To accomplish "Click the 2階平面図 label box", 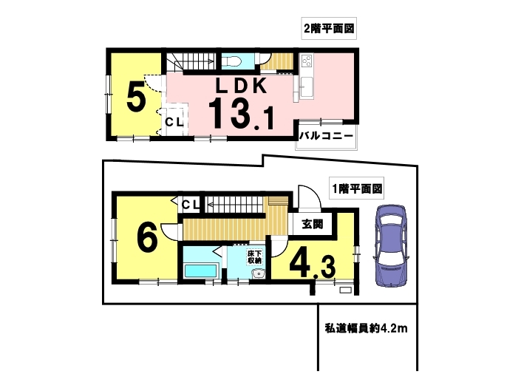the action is pos(329,29).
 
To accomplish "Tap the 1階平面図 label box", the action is pos(356,188).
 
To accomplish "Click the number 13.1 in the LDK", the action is pos(242,114).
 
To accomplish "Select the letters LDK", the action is pos(242,86).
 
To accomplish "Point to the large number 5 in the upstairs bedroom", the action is pos(136,97).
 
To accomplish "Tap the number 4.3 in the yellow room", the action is pos(313,265).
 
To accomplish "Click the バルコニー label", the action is pos(326,136).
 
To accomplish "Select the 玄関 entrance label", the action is pos(313,224).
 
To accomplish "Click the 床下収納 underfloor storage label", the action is pos(255,256).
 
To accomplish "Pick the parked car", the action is pos(392,245).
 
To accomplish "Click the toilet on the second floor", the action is pos(231,61).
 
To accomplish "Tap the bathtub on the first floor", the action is pos(201,270).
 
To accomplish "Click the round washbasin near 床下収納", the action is pos(258,273).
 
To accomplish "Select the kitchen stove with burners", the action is pos(307,61).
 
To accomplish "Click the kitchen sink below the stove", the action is pos(307,87).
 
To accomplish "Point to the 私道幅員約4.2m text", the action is pos(366,329).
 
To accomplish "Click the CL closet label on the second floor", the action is pos(174,122).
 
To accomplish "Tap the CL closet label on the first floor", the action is pos(191,205).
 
